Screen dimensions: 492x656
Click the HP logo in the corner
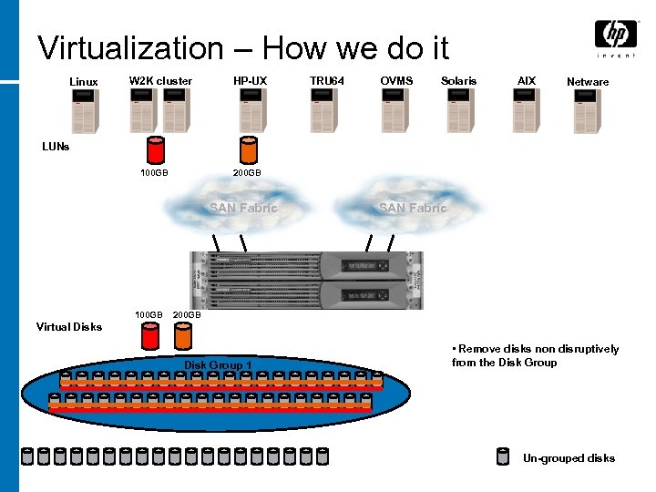coord(616,36)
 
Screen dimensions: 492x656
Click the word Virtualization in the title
coord(131,47)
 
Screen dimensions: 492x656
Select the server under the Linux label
coord(84,112)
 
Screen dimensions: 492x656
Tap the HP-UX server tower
coord(252,112)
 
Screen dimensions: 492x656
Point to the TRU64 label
coord(327,81)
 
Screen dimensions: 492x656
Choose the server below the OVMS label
coord(395,112)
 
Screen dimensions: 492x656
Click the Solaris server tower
coord(459,112)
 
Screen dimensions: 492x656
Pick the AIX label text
coord(527,81)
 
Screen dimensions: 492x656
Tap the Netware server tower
coord(588,112)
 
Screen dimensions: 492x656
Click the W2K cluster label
coord(160,81)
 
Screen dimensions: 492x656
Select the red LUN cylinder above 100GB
coord(156,149)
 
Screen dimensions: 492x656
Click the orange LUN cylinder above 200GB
coord(247,149)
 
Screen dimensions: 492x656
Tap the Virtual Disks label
coord(69,326)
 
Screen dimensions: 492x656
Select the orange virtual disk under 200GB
coord(183,338)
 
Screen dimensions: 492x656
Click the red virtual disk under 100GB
coord(150,338)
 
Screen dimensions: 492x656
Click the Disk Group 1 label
coord(219,365)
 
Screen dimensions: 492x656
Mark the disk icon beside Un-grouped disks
coord(503,457)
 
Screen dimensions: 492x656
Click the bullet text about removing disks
coord(536,355)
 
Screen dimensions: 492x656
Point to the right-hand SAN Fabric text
coord(413,208)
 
